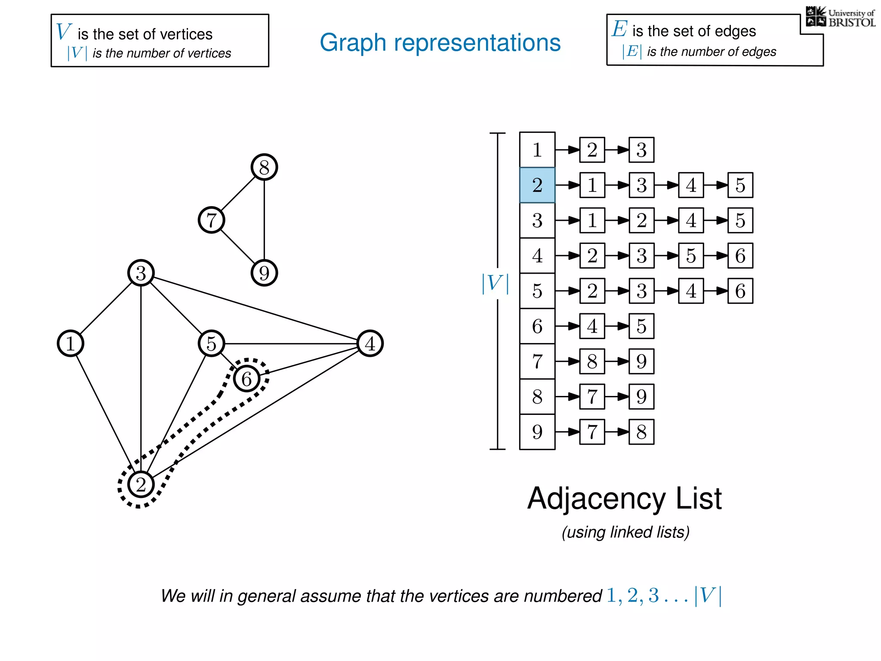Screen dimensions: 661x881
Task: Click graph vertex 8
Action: click(264, 167)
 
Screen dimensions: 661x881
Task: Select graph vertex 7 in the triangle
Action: click(211, 220)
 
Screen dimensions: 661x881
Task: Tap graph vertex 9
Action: click(264, 273)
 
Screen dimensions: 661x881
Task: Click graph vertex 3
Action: click(141, 273)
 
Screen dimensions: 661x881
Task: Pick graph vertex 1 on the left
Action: click(70, 343)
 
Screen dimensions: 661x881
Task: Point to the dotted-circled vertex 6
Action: click(246, 379)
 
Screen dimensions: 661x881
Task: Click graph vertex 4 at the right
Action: click(370, 343)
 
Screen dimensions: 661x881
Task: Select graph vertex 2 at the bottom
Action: click(141, 485)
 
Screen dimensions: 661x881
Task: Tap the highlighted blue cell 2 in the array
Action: click(537, 185)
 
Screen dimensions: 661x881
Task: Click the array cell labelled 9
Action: click(537, 432)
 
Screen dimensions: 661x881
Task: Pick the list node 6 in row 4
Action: click(740, 256)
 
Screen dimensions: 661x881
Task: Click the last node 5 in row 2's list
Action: click(740, 185)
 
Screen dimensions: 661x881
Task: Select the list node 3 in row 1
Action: click(641, 150)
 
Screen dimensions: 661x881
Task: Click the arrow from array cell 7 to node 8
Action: click(567, 361)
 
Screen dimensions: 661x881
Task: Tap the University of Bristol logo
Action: click(840, 17)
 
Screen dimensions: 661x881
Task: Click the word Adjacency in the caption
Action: click(596, 498)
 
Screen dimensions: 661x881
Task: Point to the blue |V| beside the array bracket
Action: click(495, 284)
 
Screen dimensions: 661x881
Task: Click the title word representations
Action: click(477, 43)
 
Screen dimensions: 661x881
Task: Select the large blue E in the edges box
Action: click(619, 29)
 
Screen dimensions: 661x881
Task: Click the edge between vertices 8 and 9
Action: click(264, 220)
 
